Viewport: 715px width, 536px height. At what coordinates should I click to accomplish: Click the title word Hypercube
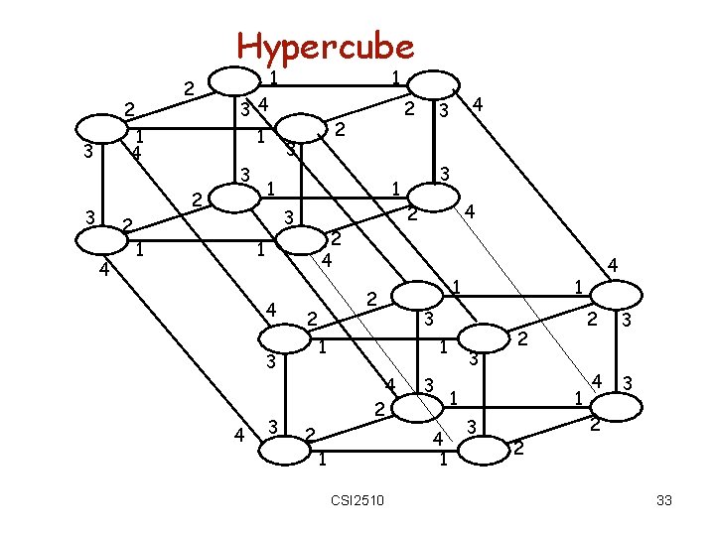tap(325, 46)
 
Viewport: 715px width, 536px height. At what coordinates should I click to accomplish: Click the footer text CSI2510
tap(358, 498)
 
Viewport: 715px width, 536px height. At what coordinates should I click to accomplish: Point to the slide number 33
tap(664, 500)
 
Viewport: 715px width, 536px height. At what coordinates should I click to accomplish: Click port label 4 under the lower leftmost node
tap(102, 266)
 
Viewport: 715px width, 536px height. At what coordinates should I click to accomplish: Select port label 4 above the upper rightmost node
tap(614, 264)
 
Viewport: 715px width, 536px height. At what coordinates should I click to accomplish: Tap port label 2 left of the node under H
tap(189, 89)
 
